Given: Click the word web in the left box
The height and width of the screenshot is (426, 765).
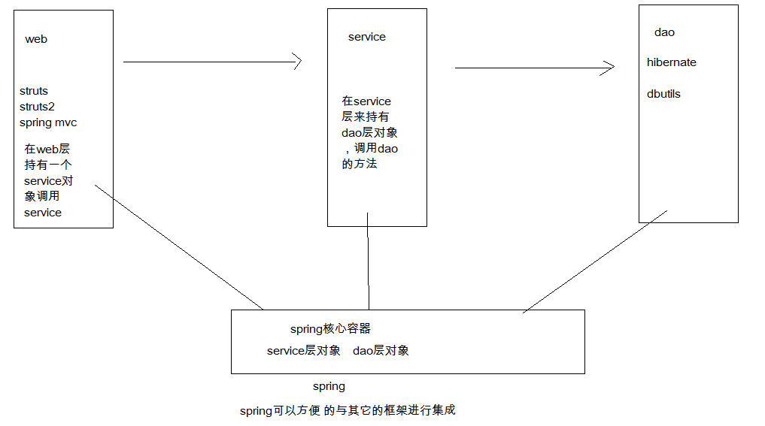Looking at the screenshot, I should point(36,39).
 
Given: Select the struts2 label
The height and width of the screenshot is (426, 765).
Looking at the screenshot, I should point(37,107).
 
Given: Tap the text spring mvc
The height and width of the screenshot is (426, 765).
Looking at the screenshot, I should point(48,122).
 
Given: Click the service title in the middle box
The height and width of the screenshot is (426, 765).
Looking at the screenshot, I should point(367,37).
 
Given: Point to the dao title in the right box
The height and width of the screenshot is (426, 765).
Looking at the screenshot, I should point(665,32).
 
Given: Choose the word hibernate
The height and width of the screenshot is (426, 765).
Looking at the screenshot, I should point(672,62).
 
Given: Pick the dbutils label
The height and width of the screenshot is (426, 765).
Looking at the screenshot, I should point(663,94).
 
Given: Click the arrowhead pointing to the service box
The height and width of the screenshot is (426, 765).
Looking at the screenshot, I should point(297,62).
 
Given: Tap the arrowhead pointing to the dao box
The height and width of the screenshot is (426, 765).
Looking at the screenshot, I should point(610,68).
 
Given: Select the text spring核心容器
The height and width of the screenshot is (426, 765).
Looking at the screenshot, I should point(330,329).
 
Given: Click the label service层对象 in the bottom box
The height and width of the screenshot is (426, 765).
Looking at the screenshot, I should point(304,351).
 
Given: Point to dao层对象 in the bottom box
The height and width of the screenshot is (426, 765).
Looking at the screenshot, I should point(381,351).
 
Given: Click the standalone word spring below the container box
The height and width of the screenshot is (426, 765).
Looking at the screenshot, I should point(329,386).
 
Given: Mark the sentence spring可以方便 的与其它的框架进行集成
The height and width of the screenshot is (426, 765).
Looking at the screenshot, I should point(348,410).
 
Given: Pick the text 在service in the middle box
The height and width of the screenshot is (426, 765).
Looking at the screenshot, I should point(366,101).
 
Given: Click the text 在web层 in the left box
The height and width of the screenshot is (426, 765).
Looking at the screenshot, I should point(47,150).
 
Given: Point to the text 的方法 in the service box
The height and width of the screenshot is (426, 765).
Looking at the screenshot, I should point(360,164).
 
